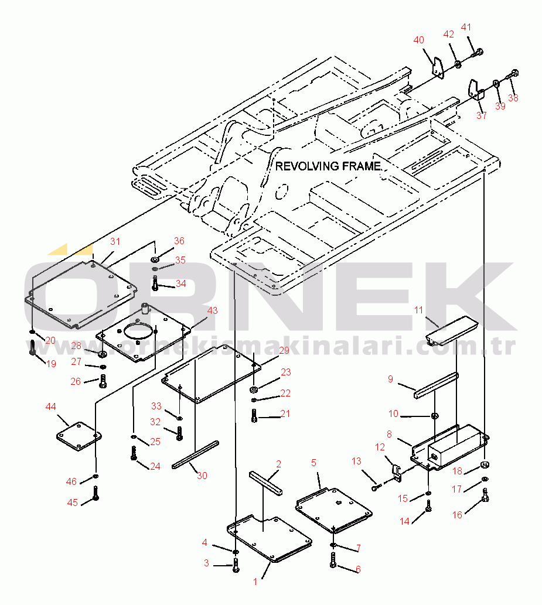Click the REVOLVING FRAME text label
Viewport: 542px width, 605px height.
[328, 166]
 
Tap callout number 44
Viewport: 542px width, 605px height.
[51, 406]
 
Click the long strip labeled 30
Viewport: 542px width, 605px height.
[195, 454]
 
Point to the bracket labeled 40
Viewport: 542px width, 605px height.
[437, 66]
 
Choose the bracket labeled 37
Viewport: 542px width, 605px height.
[475, 90]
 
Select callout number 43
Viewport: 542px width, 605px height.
[212, 310]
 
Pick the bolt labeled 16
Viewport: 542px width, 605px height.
[485, 498]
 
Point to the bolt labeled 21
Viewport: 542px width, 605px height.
[254, 416]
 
